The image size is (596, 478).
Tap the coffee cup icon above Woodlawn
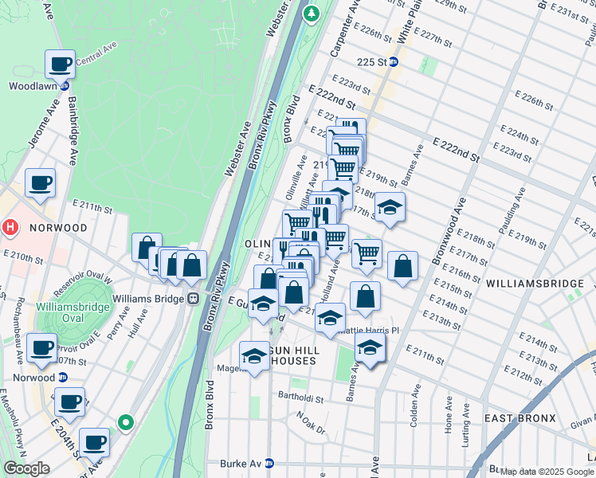point(60,63)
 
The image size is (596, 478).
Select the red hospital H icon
point(10,227)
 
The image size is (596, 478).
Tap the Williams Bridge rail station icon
point(192,299)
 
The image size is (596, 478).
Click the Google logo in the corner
point(26,468)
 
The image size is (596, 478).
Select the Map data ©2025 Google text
point(547,472)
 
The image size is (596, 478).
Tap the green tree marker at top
point(312,14)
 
